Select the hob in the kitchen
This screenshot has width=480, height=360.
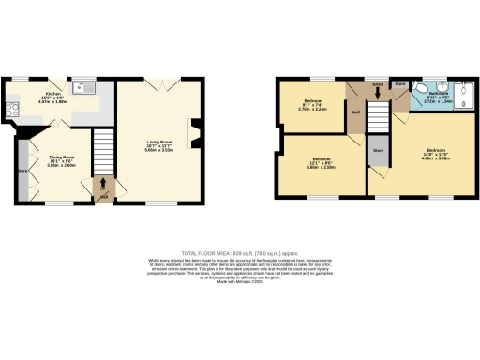pyautogui.click(x=13, y=109)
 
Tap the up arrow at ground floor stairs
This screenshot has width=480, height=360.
pyautogui.click(x=103, y=194)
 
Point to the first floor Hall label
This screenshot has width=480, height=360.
pyautogui.click(x=356, y=113)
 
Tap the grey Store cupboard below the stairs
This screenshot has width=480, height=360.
pyautogui.click(x=378, y=154)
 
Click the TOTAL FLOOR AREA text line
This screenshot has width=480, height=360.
pyautogui.click(x=239, y=254)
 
